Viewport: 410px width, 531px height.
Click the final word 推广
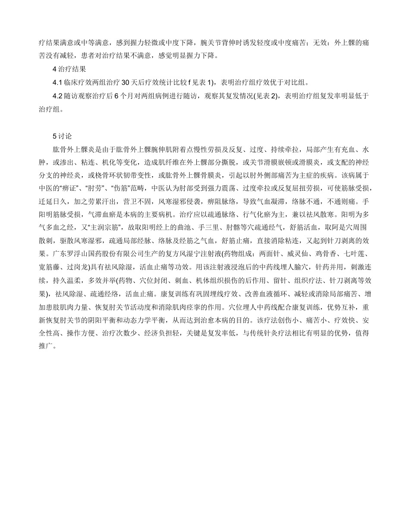[46, 346]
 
